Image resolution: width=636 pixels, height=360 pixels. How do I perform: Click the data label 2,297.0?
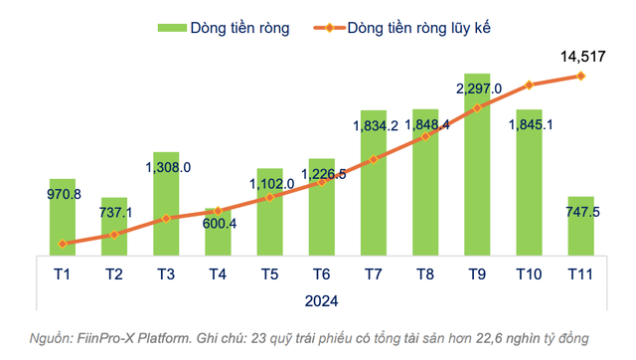tap(478, 90)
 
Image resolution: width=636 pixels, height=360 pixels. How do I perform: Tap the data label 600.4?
tap(219, 224)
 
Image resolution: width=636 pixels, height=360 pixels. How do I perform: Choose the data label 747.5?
tap(582, 213)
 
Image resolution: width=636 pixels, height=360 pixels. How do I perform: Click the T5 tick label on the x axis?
tap(268, 273)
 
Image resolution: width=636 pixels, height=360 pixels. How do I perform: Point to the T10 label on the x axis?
tap(528, 273)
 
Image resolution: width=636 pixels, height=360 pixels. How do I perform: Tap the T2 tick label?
tap(113, 273)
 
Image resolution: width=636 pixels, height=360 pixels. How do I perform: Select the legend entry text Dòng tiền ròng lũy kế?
tap(419, 28)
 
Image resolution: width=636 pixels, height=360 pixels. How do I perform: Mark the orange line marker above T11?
tap(580, 76)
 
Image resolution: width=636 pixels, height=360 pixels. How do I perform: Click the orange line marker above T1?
tap(62, 244)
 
